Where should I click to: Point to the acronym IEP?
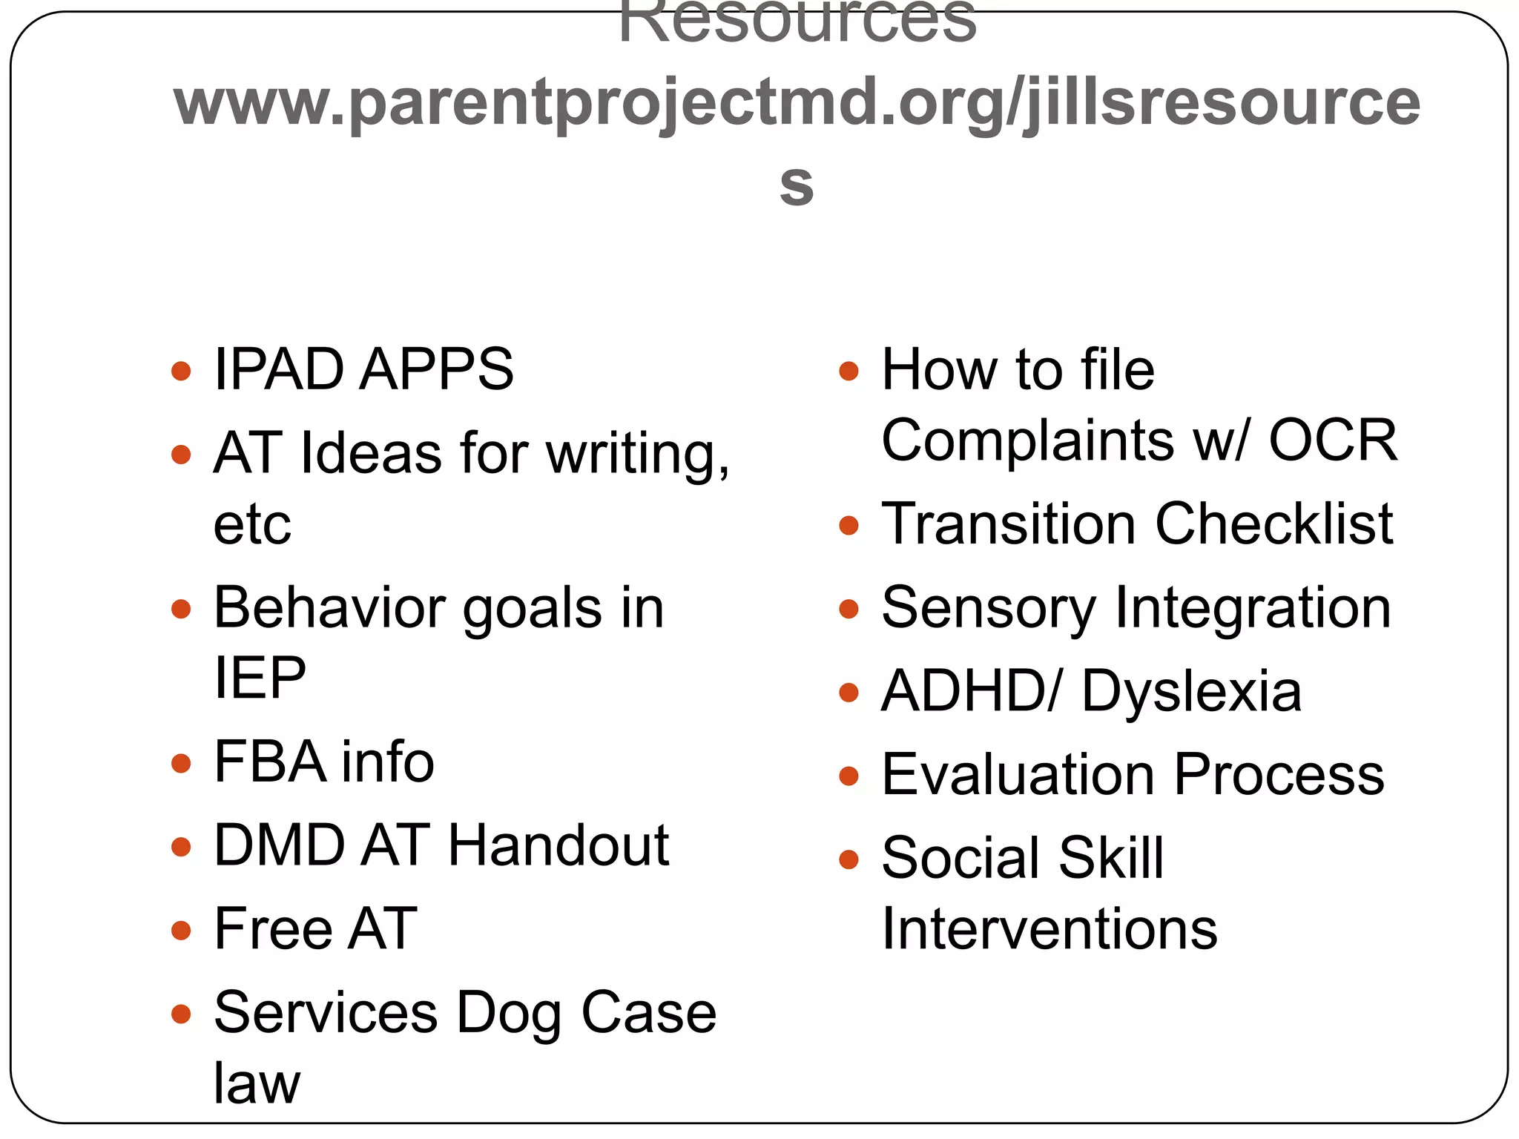(260, 678)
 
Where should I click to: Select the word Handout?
(558, 845)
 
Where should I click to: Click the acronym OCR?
(1333, 440)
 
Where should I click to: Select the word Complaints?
(1028, 440)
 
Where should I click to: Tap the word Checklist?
(1274, 524)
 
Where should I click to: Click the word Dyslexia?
(1191, 692)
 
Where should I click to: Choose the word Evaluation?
(1019, 776)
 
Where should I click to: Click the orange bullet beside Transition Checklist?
(849, 526)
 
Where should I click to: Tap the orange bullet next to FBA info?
(181, 763)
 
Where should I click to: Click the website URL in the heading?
(797, 104)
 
